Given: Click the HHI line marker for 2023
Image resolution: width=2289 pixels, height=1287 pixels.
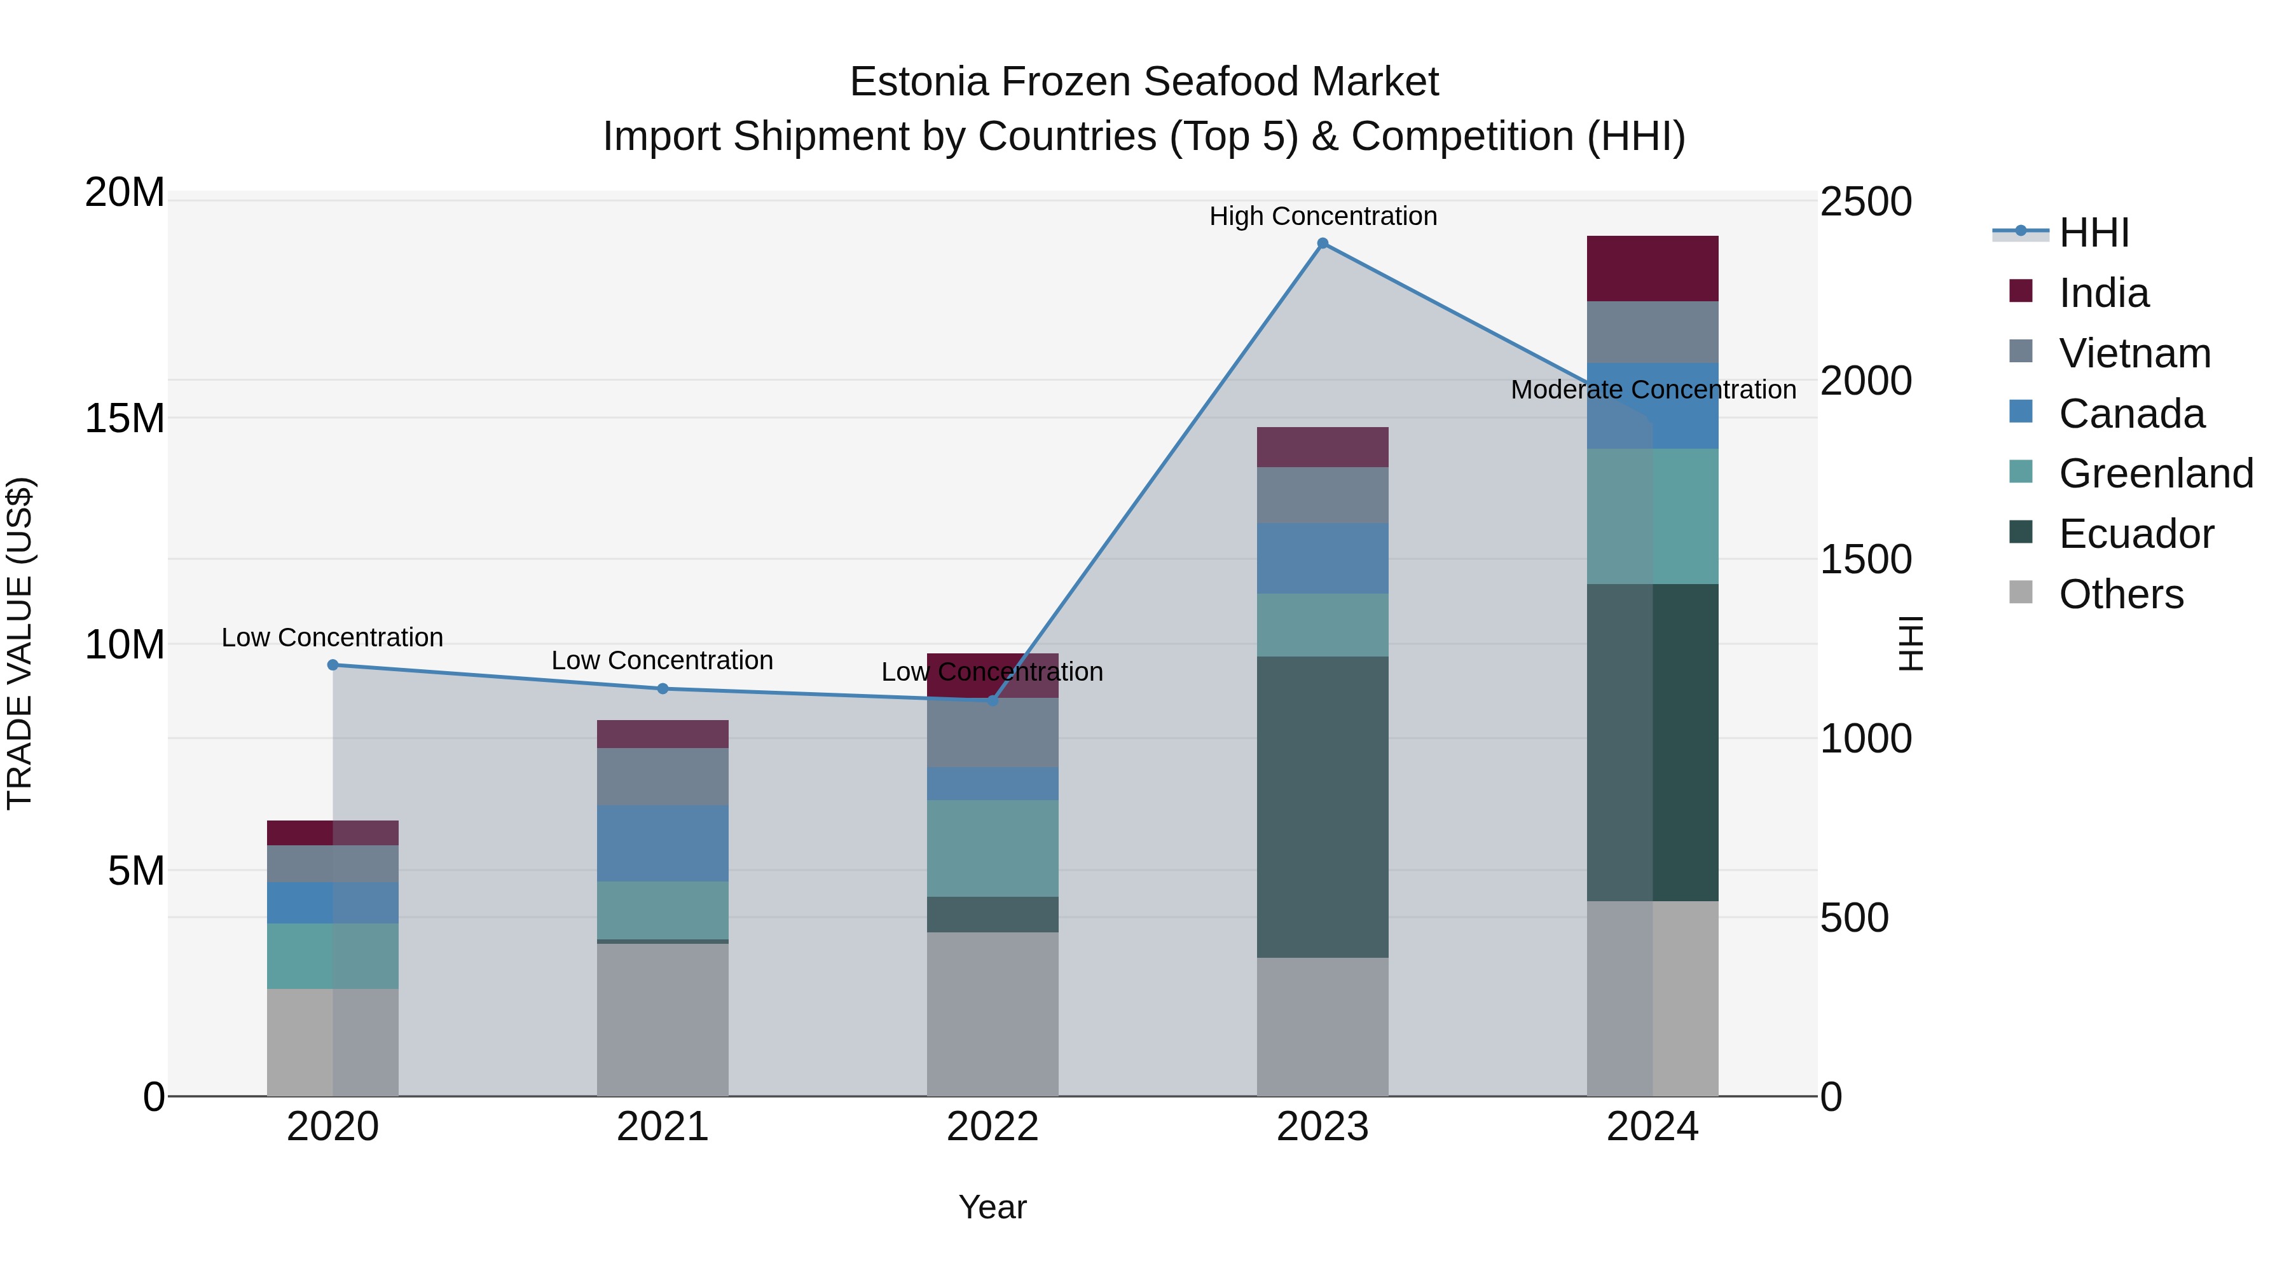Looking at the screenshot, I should (1323, 243).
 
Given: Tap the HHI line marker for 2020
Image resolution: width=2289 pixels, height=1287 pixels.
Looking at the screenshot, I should (333, 664).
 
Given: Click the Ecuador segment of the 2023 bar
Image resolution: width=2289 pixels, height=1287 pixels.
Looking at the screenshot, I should (1323, 807).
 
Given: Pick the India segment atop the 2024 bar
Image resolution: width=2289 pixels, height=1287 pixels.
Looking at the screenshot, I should (1652, 268).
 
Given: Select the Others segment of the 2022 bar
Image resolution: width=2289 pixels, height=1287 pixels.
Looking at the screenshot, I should (993, 1014).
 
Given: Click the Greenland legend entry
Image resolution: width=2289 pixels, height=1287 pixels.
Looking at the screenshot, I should (2155, 473).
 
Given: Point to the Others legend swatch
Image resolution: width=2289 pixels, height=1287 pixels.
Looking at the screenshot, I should (2021, 592).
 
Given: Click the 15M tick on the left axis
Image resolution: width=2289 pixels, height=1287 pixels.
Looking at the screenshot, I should (125, 418).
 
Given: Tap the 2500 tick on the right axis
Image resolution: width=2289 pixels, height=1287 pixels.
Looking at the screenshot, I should (1866, 201).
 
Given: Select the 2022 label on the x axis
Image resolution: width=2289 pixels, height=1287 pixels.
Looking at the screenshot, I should (993, 1127).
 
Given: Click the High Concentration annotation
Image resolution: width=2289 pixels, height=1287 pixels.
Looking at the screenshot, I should (1323, 216).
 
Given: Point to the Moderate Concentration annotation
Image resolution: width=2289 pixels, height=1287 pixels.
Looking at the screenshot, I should (1653, 390).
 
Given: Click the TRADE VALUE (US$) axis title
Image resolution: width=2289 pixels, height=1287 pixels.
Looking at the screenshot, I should (20, 643).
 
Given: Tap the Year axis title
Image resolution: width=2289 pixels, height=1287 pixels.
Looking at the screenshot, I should (993, 1207).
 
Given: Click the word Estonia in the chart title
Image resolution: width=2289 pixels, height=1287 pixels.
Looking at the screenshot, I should (919, 82).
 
